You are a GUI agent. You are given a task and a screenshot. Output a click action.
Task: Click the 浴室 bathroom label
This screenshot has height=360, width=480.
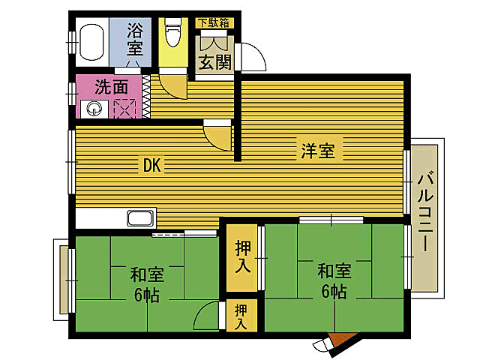click(x=135, y=39)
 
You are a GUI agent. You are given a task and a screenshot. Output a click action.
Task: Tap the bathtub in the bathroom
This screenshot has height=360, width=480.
click(x=91, y=43)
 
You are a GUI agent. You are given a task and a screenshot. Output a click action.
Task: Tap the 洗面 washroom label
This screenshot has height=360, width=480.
click(x=112, y=85)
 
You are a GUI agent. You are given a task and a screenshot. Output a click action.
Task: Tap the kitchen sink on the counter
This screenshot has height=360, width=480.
click(x=140, y=219)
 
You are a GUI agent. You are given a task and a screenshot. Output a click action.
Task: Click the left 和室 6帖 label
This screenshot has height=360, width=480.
click(x=145, y=284)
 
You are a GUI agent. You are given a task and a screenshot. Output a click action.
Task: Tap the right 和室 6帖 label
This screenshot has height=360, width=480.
click(x=331, y=279)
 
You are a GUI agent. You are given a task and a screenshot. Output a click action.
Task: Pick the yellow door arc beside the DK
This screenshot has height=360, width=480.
click(x=218, y=136)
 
